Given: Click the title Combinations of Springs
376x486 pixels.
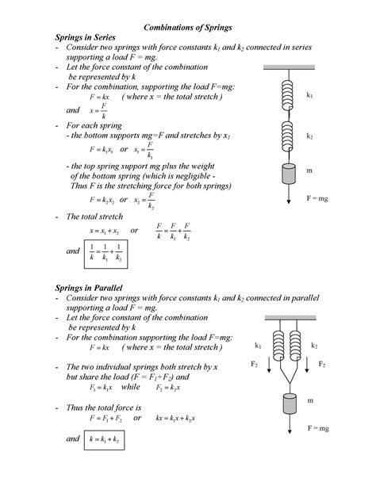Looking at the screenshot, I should click(x=187, y=27).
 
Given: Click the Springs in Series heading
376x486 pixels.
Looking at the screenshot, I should click(x=85, y=37).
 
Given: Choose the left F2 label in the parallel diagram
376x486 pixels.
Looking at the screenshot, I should click(x=255, y=365).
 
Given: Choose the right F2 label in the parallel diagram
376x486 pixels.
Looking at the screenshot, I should click(x=322, y=365).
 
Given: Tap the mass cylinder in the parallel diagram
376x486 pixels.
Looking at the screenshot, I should click(x=287, y=403).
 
